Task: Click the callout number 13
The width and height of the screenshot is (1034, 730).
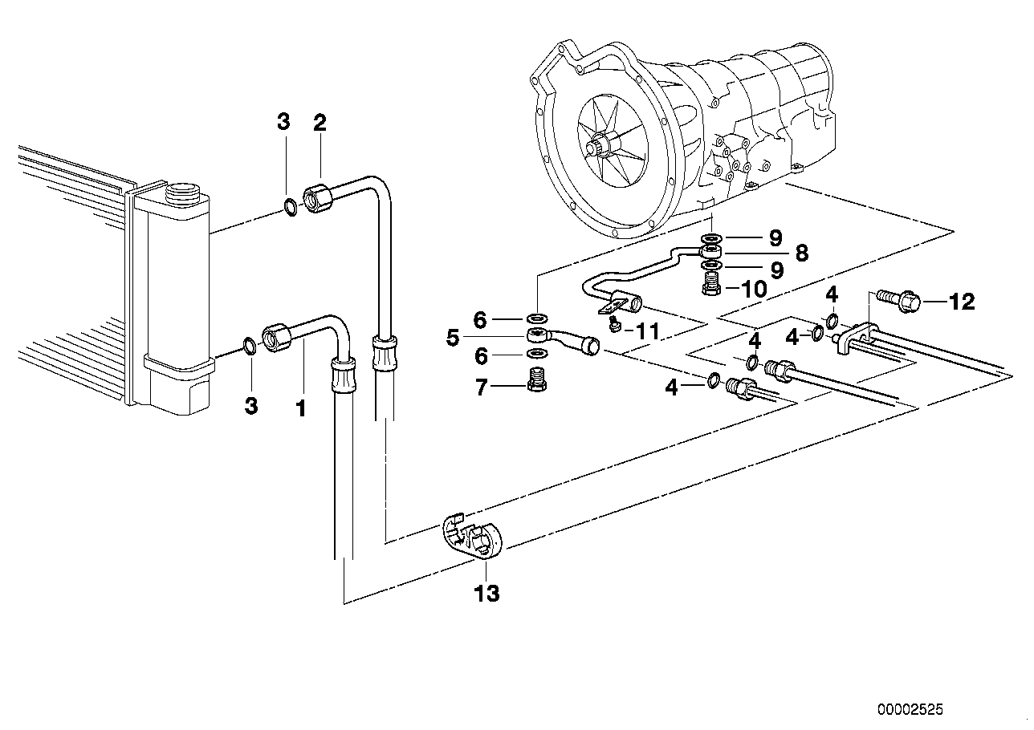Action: [x=487, y=594]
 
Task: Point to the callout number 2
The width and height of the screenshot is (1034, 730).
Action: [x=320, y=123]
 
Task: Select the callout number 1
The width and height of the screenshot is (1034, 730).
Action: [x=300, y=408]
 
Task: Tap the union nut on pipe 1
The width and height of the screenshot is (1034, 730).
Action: [x=275, y=335]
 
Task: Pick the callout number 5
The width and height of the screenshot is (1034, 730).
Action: [x=454, y=338]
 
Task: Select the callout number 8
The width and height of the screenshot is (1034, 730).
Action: [x=800, y=253]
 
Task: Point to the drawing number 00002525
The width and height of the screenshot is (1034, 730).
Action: [x=910, y=710]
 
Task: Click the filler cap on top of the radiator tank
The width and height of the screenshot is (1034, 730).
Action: [x=183, y=193]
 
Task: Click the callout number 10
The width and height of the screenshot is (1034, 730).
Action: [x=754, y=289]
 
